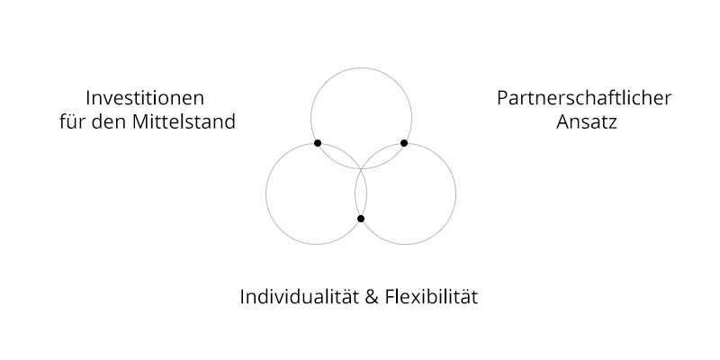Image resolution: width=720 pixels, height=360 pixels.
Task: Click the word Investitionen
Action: pos(145,98)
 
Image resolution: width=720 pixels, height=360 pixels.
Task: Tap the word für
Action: pos(71,121)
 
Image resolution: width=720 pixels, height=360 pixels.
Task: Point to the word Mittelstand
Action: pos(184,121)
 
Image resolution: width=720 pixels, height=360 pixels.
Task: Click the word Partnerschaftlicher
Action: pos(584,98)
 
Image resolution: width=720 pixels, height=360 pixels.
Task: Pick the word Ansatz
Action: pos(587,122)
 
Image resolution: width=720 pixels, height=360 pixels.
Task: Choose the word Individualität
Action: pos(299,297)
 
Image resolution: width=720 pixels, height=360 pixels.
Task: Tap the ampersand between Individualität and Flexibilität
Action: pos(372,297)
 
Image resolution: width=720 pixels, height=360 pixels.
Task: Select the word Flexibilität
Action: pos(432,297)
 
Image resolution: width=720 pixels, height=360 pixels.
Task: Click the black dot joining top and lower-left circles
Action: pos(318,143)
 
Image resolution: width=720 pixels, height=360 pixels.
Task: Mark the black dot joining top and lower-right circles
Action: pos(404,143)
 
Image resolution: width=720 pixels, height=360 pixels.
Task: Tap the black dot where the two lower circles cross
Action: pos(361,219)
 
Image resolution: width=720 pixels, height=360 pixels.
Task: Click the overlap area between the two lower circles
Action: pos(361,193)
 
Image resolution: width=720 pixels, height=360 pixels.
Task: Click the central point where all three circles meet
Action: pos(361,169)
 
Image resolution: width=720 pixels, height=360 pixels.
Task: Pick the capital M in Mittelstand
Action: pos(140,121)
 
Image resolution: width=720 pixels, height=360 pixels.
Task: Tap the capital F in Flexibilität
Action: pos(391,297)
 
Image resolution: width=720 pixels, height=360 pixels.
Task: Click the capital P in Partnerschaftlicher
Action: pos(503,98)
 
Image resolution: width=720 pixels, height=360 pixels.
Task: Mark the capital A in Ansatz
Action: pos(563,122)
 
